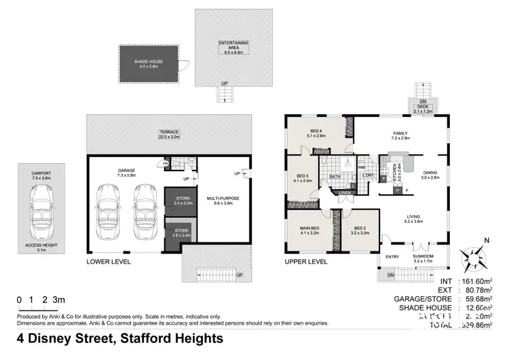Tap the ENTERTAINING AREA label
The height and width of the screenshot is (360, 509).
tap(233, 46)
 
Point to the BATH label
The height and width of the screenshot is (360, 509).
tap(335, 177)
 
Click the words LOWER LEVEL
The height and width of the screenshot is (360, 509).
tap(109, 262)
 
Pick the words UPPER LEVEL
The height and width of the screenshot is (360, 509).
tap(305, 262)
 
